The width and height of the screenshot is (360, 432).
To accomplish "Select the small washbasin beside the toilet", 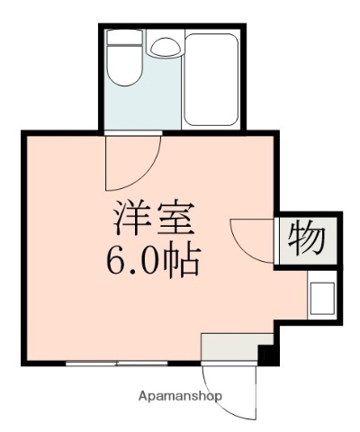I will coord(165,47).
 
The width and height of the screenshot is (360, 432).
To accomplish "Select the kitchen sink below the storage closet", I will coord(322,297).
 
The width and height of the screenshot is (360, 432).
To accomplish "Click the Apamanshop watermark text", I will coord(180,396).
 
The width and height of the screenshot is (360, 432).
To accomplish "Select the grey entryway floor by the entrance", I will coord(229,347).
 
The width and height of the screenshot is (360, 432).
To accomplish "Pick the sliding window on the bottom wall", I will coord(117,364).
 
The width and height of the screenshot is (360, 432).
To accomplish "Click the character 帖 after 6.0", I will coord(179,260).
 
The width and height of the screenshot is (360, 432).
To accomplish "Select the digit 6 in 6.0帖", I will coord(117,260).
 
